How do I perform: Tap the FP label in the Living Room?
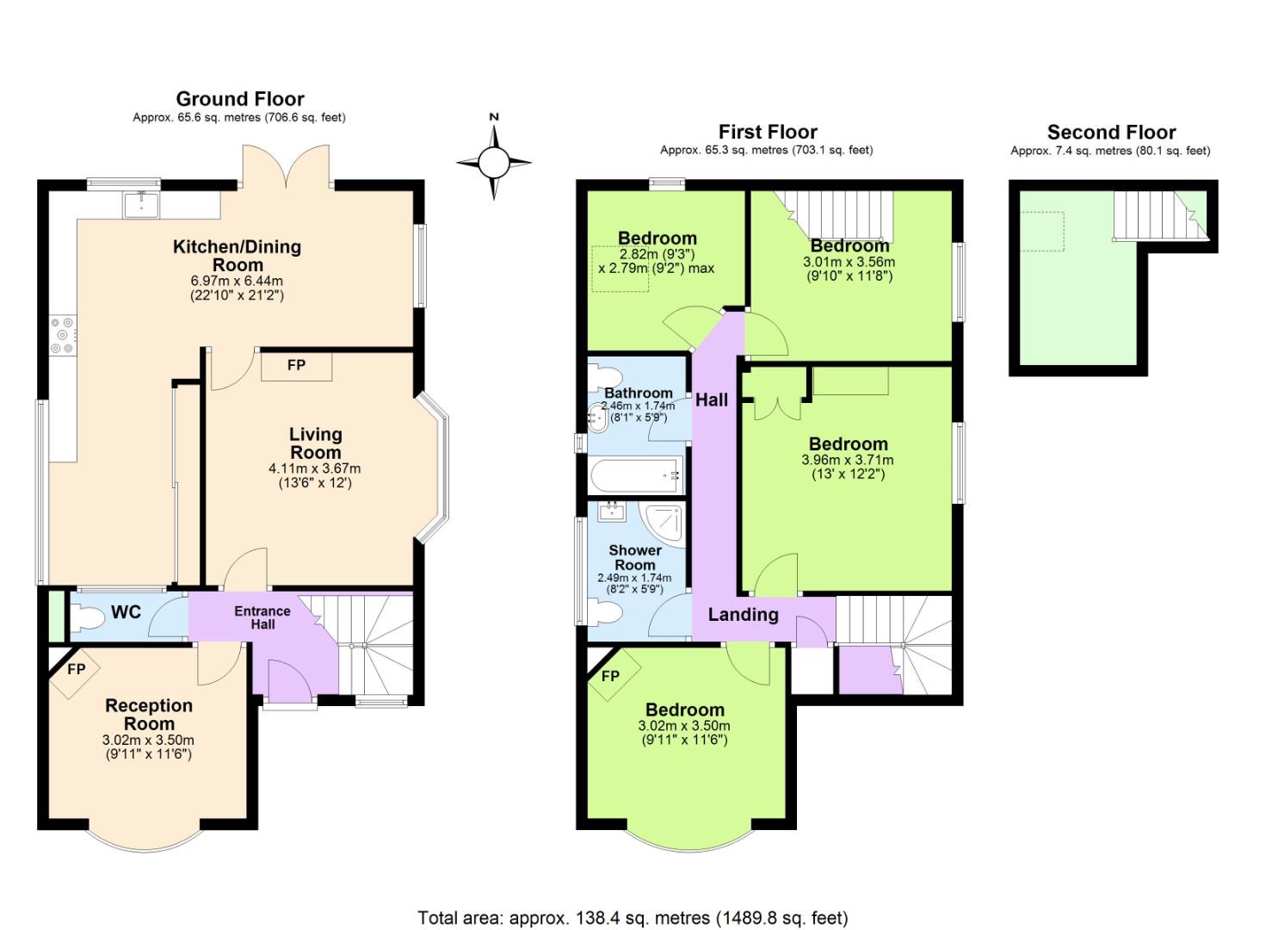(x=296, y=365)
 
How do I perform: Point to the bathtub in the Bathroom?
(x=636, y=474)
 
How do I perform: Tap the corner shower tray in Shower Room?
(x=667, y=521)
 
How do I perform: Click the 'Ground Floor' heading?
(x=240, y=99)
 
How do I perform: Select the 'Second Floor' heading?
(x=1111, y=133)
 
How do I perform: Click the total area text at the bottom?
(x=633, y=917)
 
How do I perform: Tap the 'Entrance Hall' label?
(x=262, y=617)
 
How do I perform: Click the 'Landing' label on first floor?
(x=743, y=614)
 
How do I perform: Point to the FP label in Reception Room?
(x=77, y=669)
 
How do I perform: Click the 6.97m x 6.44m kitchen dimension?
(x=237, y=281)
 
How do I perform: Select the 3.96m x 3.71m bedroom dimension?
(x=848, y=460)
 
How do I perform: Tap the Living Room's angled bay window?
(x=435, y=469)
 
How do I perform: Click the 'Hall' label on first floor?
(x=712, y=400)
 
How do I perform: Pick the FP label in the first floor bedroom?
(x=610, y=676)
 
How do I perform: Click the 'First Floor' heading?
(x=768, y=132)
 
